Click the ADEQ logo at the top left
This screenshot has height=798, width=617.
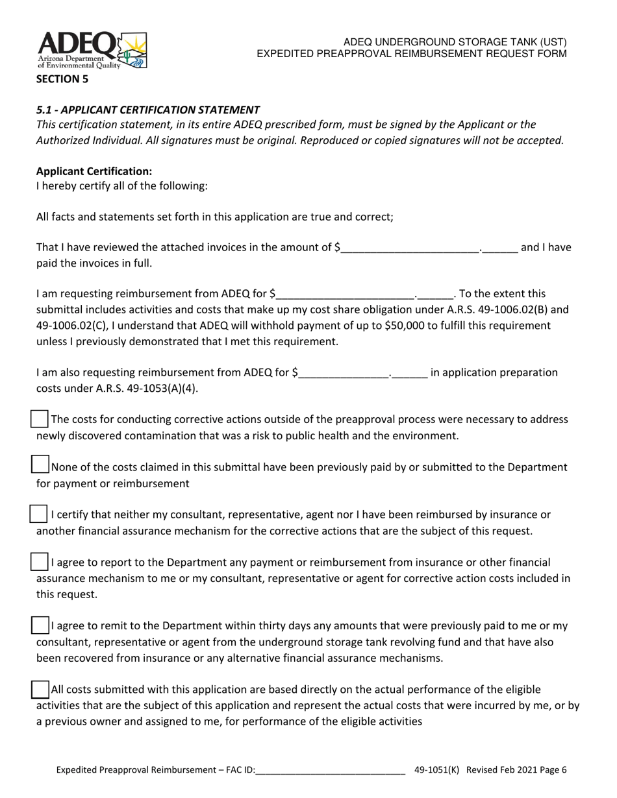coord(92,50)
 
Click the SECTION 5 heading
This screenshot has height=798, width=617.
coord(62,79)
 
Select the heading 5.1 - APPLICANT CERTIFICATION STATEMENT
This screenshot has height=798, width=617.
coord(148,110)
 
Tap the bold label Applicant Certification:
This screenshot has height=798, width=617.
coord(94,171)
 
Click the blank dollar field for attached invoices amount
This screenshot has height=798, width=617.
coord(409,247)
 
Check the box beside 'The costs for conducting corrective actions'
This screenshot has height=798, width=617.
coord(40,419)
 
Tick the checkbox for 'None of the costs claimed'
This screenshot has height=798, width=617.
coord(40,465)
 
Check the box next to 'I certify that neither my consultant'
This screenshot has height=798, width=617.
coord(39,514)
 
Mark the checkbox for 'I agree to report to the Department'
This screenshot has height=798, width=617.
coord(40,561)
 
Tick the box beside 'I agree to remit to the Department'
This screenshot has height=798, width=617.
coord(40,625)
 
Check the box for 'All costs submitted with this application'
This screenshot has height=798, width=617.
coord(40,689)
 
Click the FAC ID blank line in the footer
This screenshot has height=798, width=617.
coord(331,770)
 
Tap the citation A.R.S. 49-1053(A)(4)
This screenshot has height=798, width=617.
coord(117,389)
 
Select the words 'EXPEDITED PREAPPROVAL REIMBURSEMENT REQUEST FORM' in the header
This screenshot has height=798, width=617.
coord(412,54)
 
